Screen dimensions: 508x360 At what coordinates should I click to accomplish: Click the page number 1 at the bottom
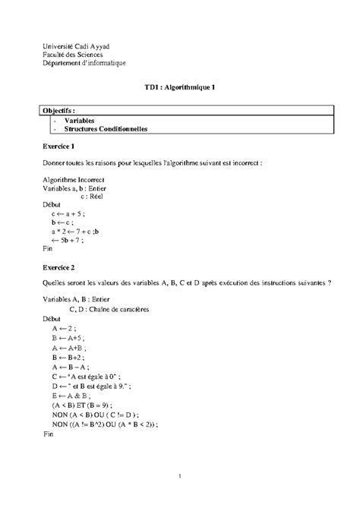[x=181, y=476]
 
